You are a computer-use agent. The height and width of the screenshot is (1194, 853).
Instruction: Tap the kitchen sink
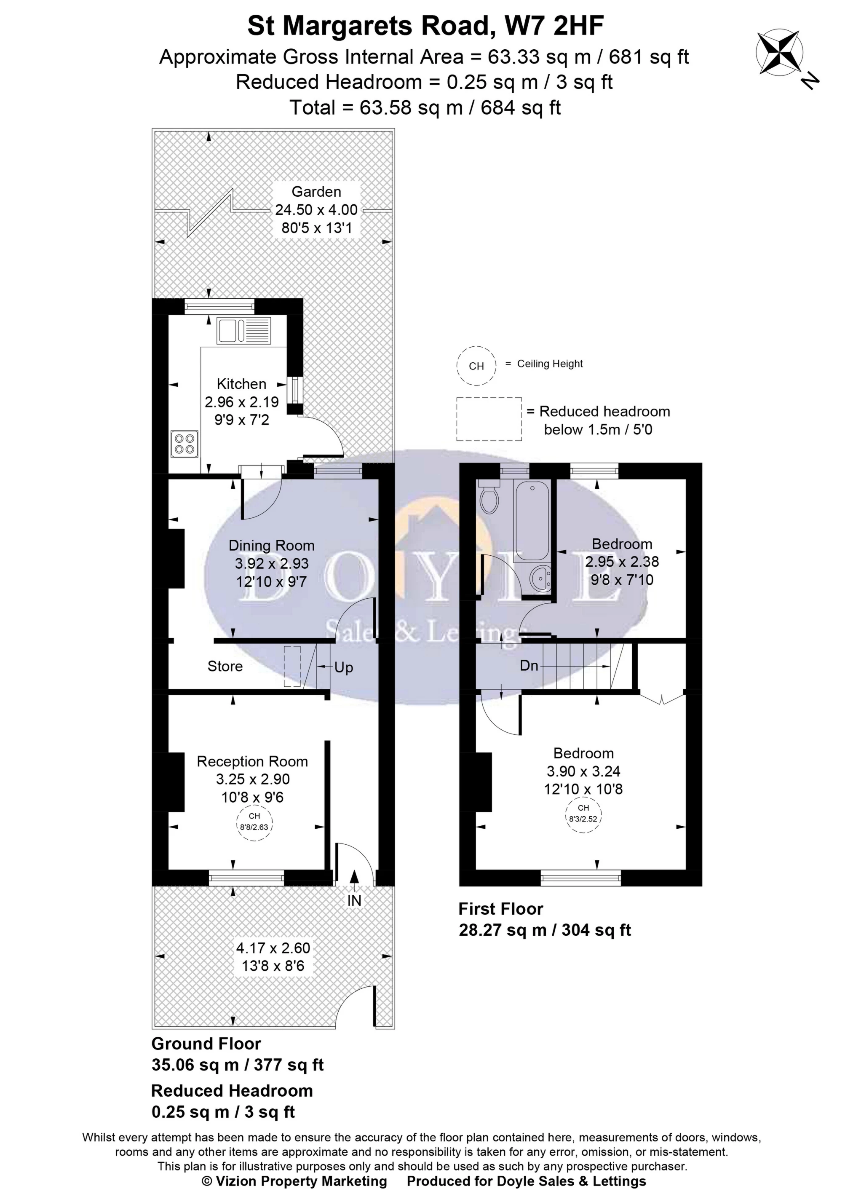[243, 330]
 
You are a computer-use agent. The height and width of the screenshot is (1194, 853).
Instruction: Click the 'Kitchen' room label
[242, 384]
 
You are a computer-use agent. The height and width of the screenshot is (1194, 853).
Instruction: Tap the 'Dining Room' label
[272, 546]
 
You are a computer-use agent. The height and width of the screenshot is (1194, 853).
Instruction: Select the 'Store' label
[225, 667]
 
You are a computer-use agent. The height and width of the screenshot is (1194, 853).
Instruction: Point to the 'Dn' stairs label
[529, 666]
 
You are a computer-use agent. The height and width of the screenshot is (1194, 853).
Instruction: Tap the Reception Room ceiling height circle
[254, 821]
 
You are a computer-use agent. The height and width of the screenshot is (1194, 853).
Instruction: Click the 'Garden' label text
[316, 192]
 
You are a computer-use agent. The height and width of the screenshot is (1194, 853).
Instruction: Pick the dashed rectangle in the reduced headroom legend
[489, 419]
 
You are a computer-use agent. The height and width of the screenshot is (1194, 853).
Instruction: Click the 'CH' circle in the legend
[476, 366]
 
